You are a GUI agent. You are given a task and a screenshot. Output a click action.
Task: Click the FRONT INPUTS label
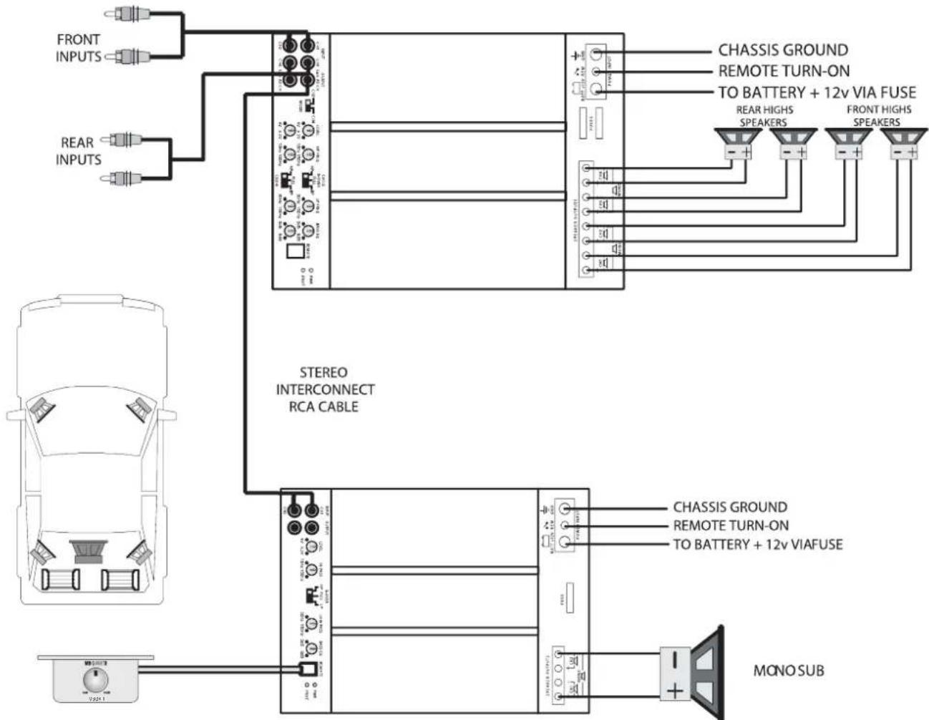point(78,47)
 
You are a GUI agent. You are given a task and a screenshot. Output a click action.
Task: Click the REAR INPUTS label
point(78,151)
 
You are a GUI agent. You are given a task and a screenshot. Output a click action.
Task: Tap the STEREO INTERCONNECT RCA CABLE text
point(325,389)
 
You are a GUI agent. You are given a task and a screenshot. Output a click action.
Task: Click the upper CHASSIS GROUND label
point(783,50)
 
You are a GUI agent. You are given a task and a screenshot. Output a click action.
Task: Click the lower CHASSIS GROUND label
point(729,507)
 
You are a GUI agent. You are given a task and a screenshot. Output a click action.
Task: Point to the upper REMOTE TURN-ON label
point(784,71)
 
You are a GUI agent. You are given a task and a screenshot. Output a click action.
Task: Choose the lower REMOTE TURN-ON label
point(731,525)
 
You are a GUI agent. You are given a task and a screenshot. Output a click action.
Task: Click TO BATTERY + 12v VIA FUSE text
point(817,92)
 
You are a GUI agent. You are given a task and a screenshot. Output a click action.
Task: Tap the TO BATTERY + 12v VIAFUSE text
point(757,544)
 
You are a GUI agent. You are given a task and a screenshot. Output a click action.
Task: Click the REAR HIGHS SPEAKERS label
point(764,115)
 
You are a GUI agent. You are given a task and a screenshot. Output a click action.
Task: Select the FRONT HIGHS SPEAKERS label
point(878,115)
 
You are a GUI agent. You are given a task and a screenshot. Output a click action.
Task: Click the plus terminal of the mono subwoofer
point(675,690)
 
